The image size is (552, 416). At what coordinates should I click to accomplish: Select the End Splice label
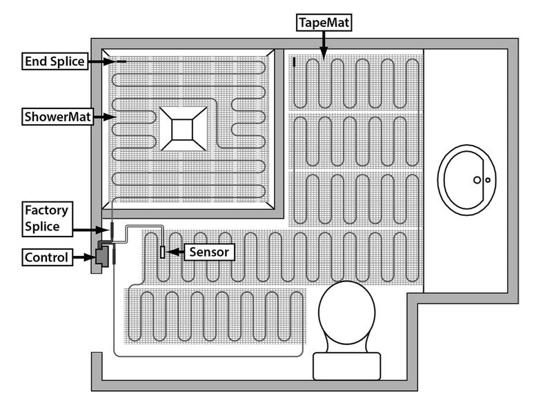pyautogui.click(x=55, y=62)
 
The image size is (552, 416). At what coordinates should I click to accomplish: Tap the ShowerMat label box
pyautogui.click(x=54, y=117)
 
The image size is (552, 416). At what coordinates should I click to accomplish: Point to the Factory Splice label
pyautogui.click(x=46, y=217)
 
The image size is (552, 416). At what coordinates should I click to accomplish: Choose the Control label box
pyautogui.click(x=47, y=258)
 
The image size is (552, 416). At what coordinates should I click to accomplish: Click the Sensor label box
pyautogui.click(x=210, y=252)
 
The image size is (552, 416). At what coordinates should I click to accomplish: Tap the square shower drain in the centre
pyautogui.click(x=184, y=128)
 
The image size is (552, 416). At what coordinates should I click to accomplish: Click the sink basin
pyautogui.click(x=469, y=178)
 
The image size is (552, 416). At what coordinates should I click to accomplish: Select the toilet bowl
pyautogui.click(x=347, y=314)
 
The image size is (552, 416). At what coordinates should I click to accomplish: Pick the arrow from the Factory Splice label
pyautogui.click(x=90, y=228)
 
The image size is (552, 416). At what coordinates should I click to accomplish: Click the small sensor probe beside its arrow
pyautogui.click(x=162, y=252)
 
